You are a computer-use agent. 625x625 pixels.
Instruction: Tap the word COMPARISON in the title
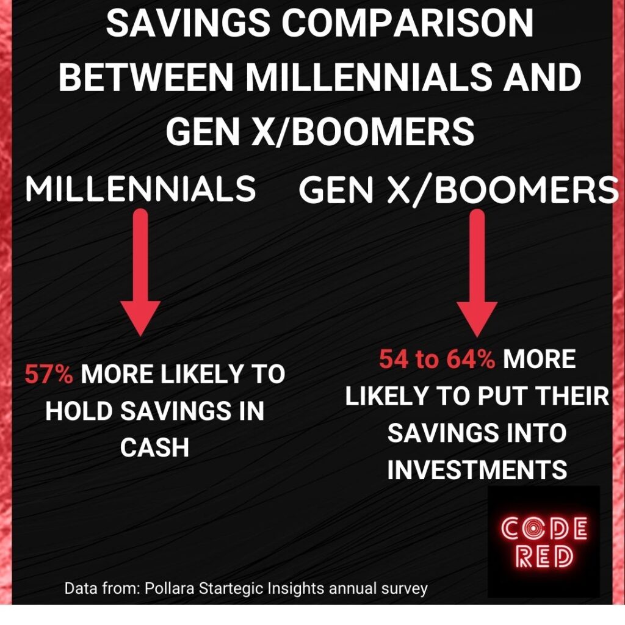(407, 23)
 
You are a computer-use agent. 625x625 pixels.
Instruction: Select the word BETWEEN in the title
(146, 78)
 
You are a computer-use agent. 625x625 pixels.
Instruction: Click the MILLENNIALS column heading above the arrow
(140, 189)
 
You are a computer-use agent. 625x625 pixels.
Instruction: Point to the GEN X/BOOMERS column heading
(458, 189)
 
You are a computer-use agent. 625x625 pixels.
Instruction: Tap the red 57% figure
(49, 374)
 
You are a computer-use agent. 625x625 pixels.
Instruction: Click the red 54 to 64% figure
(437, 359)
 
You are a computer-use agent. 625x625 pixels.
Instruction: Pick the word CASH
(154, 447)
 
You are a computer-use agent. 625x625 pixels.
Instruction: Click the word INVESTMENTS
(477, 469)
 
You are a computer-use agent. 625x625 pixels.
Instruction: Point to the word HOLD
(79, 411)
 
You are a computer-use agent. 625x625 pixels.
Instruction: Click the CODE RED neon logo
(544, 541)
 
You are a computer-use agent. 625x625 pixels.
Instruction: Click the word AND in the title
(542, 78)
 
